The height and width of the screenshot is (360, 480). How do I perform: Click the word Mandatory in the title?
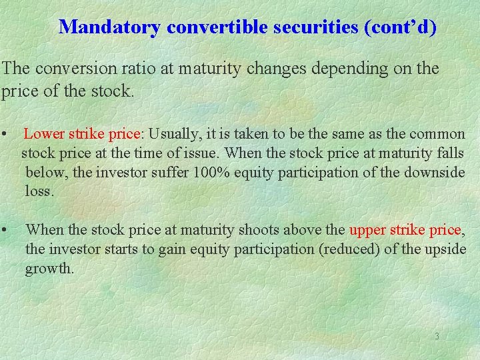click(110, 27)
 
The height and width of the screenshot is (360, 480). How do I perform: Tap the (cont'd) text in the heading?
click(399, 27)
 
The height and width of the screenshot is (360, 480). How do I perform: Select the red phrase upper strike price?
click(405, 231)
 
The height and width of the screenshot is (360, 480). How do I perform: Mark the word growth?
click(49, 269)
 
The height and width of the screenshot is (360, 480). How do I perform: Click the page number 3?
click(437, 337)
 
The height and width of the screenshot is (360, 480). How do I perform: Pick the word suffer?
click(167, 173)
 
